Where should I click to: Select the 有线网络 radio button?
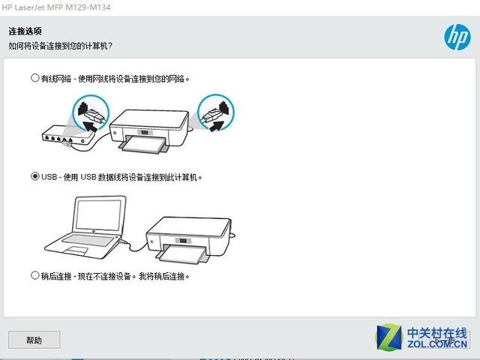(35, 77)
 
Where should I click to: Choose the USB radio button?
(35, 177)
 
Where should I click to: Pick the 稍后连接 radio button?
(35, 275)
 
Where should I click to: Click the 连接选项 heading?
(25, 31)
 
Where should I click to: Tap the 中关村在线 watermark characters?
(436, 332)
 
